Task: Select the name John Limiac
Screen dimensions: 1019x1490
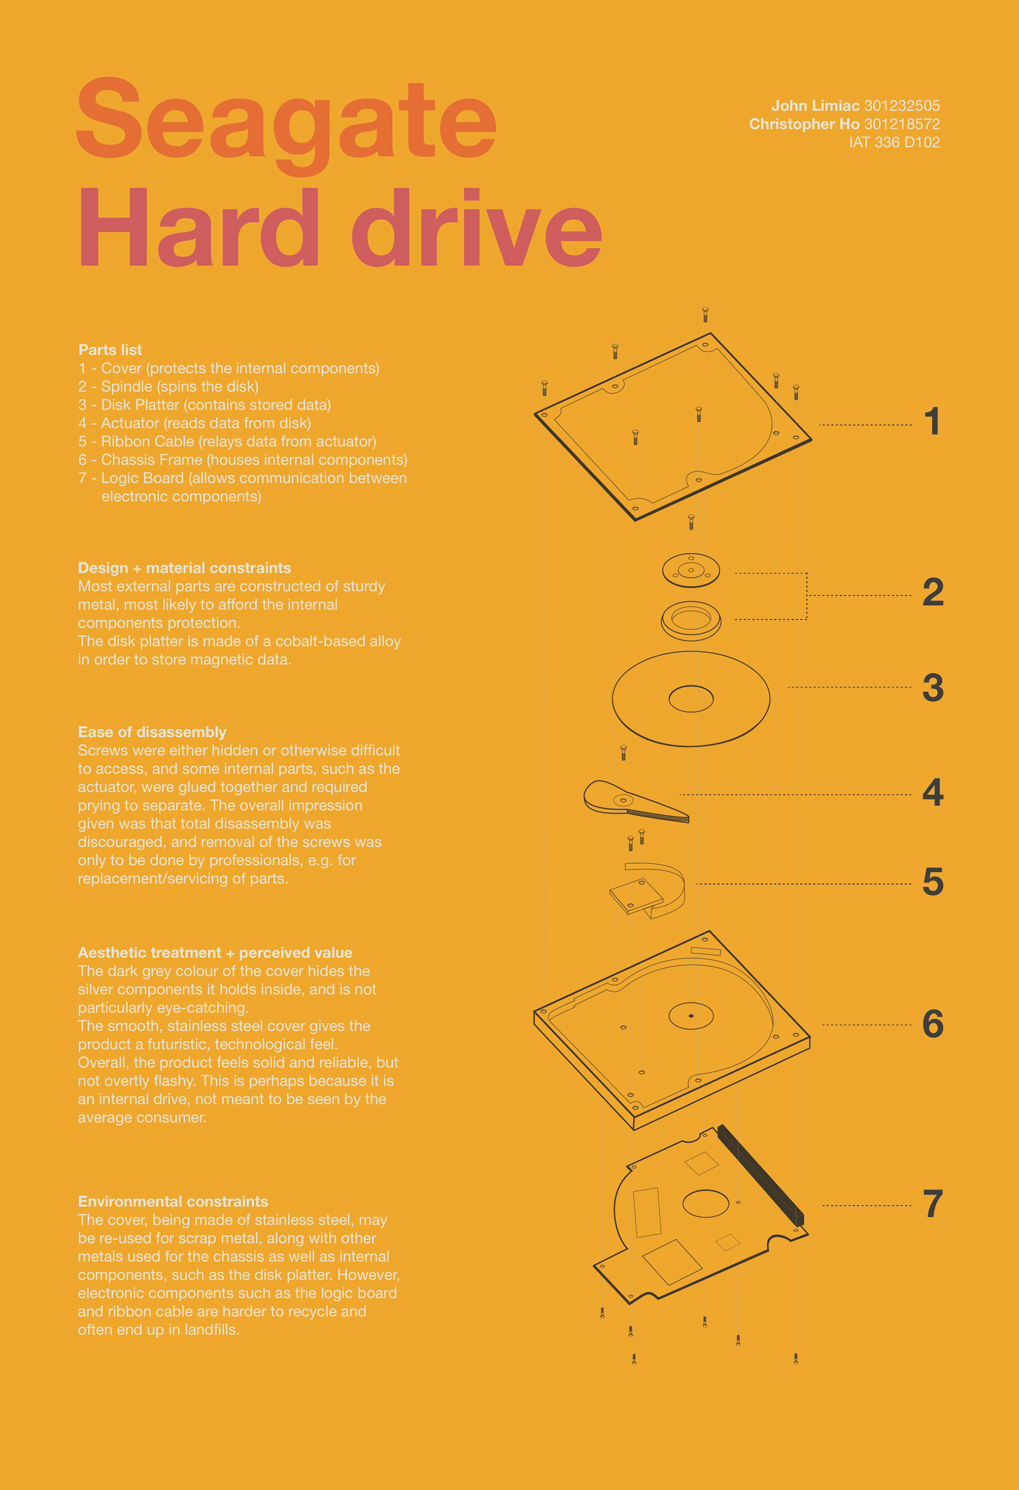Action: point(815,106)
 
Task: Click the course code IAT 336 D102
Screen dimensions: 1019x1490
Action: point(894,142)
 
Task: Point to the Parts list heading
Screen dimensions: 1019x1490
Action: point(110,350)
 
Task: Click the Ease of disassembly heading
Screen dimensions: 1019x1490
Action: point(152,732)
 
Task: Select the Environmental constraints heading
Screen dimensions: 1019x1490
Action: point(173,1202)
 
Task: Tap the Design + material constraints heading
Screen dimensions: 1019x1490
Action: point(185,568)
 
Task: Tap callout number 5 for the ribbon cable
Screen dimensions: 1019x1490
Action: point(933,881)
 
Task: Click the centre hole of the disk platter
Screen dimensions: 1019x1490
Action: point(691,699)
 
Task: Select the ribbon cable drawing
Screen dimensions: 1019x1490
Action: point(647,890)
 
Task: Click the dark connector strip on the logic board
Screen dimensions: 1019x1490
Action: point(761,1175)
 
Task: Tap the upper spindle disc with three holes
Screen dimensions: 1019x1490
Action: point(691,570)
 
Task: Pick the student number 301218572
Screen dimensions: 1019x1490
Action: point(902,124)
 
